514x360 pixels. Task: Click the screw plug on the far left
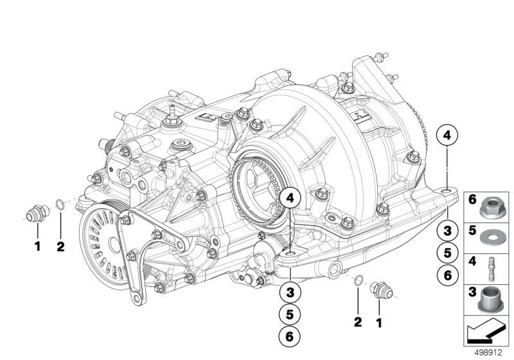coord(37,213)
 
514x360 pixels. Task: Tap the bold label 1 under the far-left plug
coord(37,246)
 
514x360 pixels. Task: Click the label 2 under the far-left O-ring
coord(61,246)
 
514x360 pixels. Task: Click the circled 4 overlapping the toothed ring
coord(290,199)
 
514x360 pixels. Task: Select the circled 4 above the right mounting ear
coord(448,136)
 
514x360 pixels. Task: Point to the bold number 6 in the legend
coord(472,200)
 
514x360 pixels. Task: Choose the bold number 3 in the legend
coord(472,292)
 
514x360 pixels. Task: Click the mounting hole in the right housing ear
coord(448,191)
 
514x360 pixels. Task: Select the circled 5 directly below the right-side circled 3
coord(448,252)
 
